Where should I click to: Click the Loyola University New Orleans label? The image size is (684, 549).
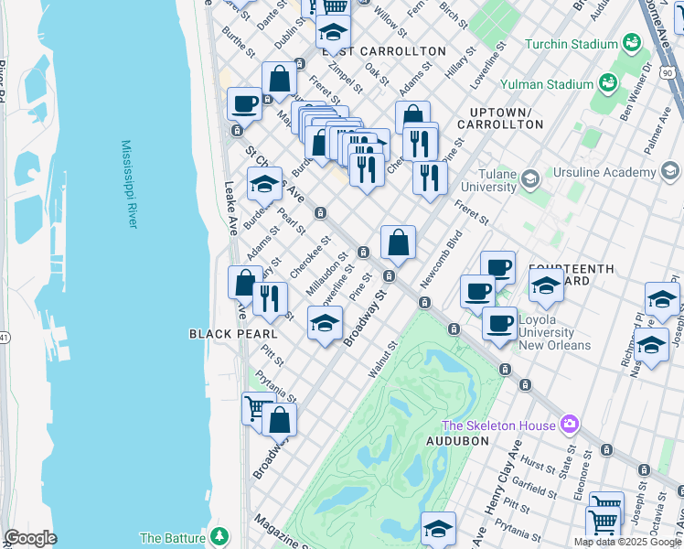click(x=555, y=332)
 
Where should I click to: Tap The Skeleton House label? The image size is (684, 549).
click(x=498, y=425)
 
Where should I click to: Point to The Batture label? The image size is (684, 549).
click(x=172, y=537)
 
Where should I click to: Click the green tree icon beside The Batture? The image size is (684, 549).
click(x=217, y=536)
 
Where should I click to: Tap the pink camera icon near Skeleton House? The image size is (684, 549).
click(x=570, y=425)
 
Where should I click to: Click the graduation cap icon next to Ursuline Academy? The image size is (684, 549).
click(x=670, y=171)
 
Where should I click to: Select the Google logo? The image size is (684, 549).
click(x=30, y=538)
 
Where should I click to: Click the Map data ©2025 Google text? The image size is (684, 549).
click(x=626, y=542)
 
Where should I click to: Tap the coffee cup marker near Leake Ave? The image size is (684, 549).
click(x=244, y=103)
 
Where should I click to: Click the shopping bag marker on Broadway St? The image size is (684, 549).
click(x=398, y=243)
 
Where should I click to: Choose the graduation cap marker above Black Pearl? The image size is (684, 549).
click(x=325, y=323)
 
